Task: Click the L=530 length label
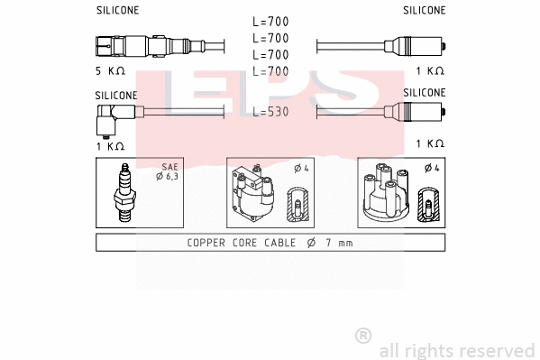(270, 112)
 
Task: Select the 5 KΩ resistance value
(111, 70)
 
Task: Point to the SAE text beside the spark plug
(169, 167)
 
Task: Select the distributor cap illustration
(385, 195)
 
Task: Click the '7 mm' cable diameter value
(338, 242)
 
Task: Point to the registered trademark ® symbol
(363, 336)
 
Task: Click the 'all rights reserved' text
(456, 350)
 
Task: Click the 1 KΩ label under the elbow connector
(111, 143)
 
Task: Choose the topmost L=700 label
(270, 22)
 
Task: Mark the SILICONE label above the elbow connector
(116, 94)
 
